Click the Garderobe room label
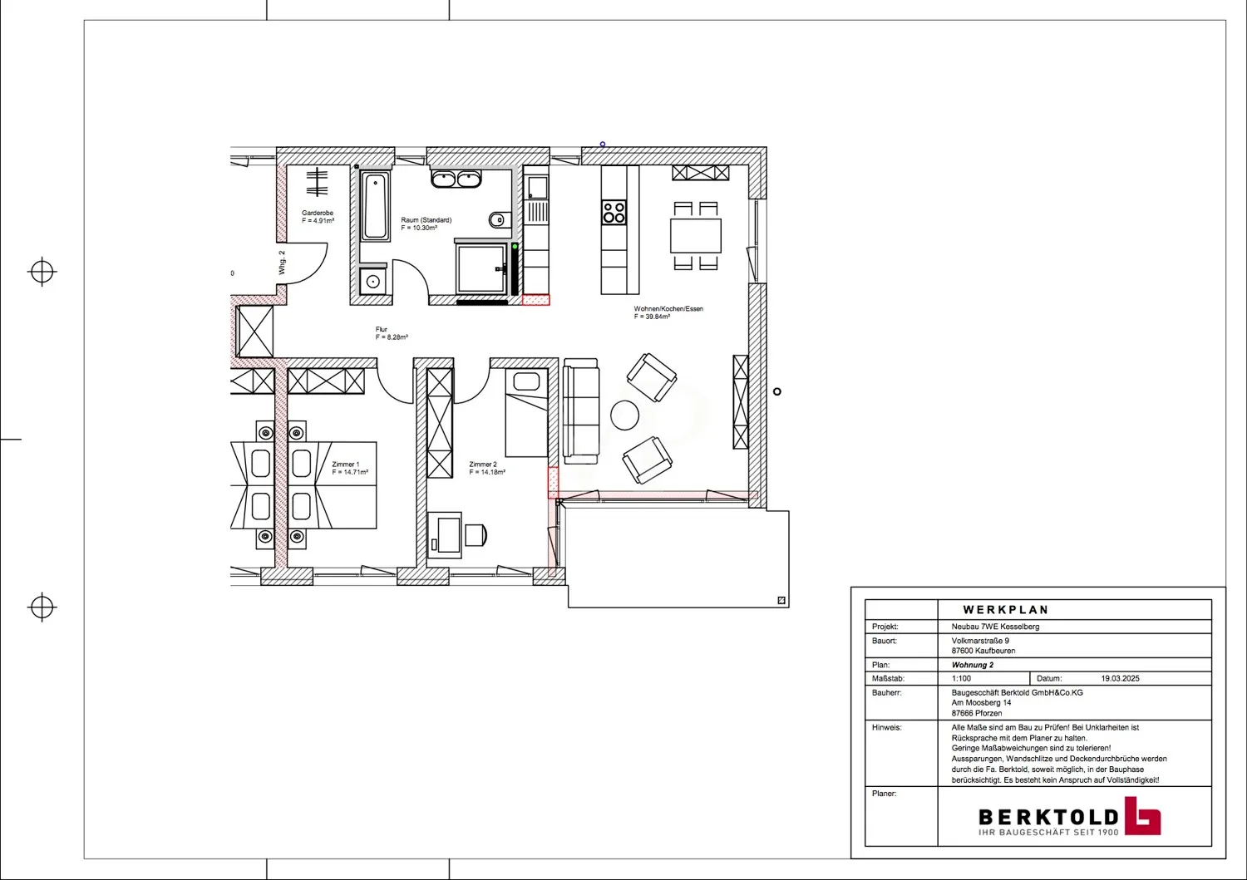click(x=318, y=214)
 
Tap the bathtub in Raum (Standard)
click(x=376, y=205)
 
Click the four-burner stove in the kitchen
click(x=614, y=213)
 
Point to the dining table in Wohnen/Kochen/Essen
click(x=696, y=235)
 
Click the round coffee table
click(x=625, y=415)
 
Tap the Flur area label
click(x=382, y=330)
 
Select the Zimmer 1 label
click(x=346, y=465)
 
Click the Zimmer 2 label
click(x=483, y=465)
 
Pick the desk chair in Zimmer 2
click(x=476, y=535)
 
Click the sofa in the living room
click(x=581, y=411)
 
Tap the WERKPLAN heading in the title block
click(x=1006, y=610)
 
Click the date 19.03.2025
click(x=1120, y=679)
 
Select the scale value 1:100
click(x=962, y=679)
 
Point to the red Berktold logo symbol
click(x=1142, y=815)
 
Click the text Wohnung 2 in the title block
click(x=973, y=665)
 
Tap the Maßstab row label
click(x=888, y=679)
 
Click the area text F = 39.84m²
click(x=653, y=317)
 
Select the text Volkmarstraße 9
click(x=980, y=641)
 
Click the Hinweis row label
click(x=887, y=727)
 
